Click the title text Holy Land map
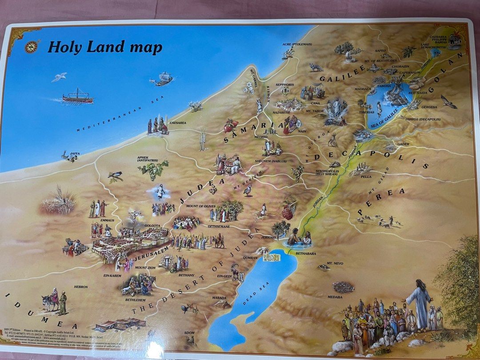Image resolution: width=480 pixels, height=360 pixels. click(x=105, y=48)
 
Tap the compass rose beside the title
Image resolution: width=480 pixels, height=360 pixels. click(x=32, y=47)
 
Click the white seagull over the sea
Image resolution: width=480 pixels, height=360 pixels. click(x=59, y=77)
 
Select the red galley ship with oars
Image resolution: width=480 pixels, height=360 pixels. click(x=78, y=97)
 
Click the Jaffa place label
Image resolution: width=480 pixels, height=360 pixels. click(x=75, y=154)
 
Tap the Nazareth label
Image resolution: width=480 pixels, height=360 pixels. click(x=281, y=113)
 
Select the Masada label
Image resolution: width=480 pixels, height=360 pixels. click(x=219, y=298)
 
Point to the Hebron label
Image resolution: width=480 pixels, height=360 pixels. click(x=81, y=287)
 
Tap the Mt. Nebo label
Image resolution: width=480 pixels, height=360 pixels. click(x=335, y=263)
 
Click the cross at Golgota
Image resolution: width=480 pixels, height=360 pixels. click(x=135, y=218)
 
